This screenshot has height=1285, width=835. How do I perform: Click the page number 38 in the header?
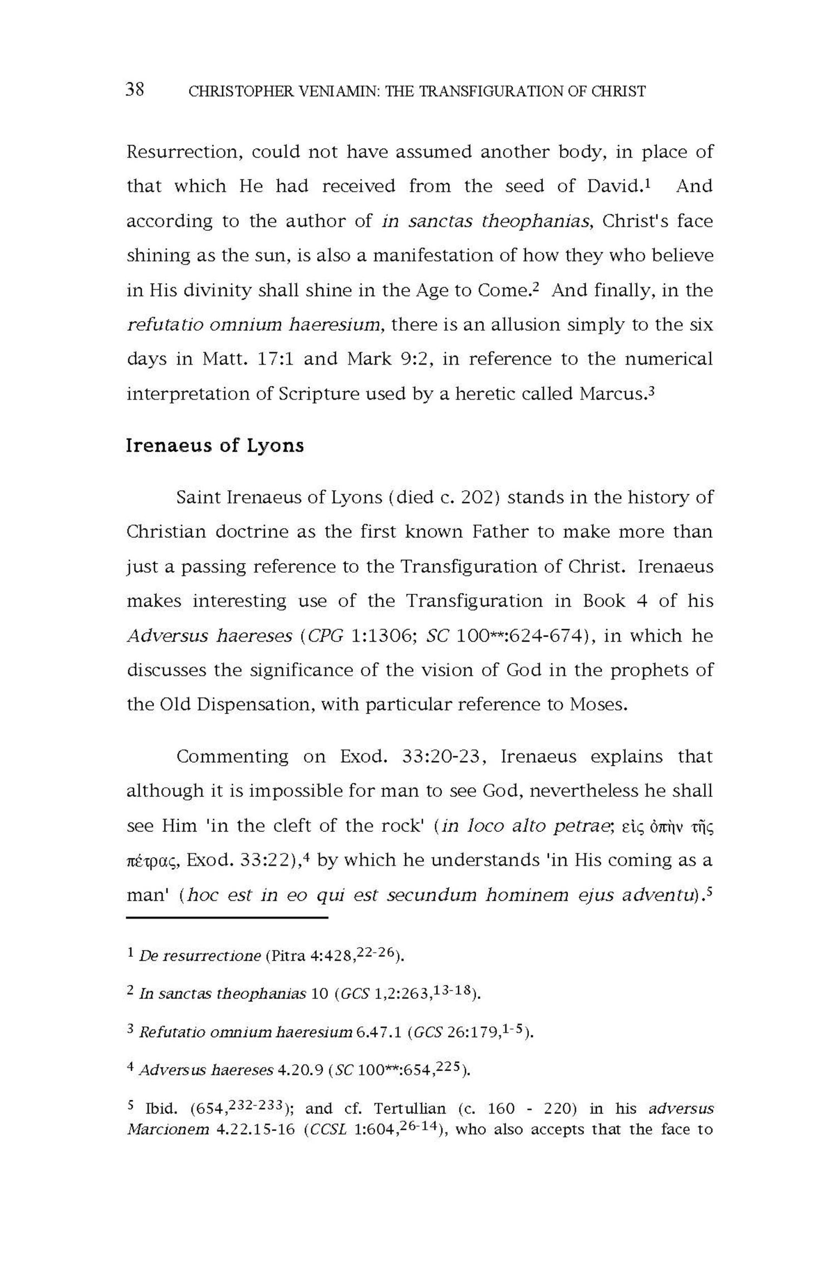(x=135, y=90)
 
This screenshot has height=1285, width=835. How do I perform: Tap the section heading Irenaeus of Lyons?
(x=215, y=446)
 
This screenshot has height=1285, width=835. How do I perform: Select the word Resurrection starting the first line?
(x=184, y=152)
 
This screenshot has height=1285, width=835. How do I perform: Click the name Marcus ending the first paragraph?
(x=613, y=393)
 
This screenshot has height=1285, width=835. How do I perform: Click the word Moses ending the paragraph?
(x=598, y=705)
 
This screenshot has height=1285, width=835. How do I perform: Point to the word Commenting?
(x=233, y=757)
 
